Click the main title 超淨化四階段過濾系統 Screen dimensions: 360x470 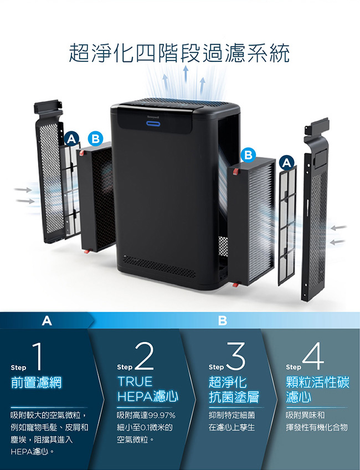(179, 53)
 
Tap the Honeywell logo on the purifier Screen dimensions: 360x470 (153, 115)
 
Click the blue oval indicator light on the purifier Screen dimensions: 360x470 (153, 123)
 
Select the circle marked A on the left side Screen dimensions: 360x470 (71, 139)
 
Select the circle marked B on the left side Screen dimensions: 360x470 (95, 139)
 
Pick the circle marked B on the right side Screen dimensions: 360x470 (248, 155)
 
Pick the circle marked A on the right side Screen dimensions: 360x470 (287, 163)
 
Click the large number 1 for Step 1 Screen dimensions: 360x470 (37, 357)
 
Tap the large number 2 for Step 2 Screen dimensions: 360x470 (145, 357)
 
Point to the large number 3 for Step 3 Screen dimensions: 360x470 (235, 357)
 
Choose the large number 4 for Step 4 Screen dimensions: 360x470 (313, 357)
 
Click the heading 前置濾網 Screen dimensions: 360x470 (36, 383)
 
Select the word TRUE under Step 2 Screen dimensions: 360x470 (135, 381)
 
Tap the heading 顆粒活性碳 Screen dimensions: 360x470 (317, 383)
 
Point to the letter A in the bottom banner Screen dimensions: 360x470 (47, 321)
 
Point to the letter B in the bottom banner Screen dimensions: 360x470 (222, 321)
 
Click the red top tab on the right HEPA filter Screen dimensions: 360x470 (236, 172)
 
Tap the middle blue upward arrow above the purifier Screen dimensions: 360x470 (186, 74)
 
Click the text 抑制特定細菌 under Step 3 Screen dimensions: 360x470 (232, 415)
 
